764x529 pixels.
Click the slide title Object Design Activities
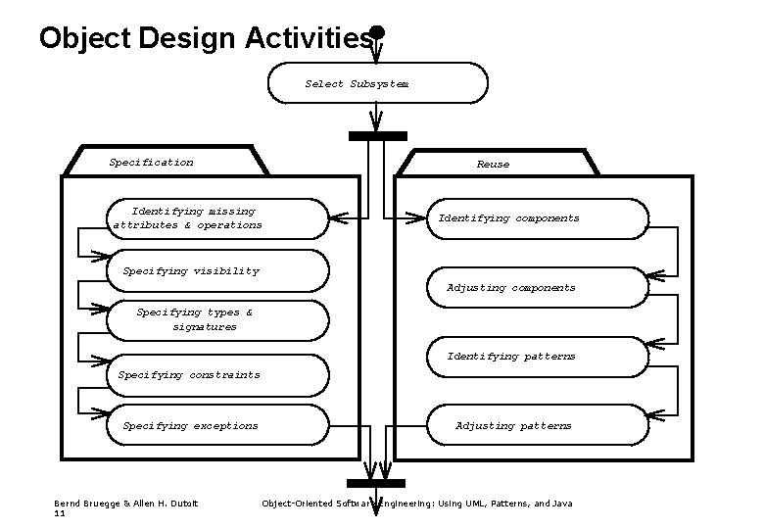pyautogui.click(x=207, y=37)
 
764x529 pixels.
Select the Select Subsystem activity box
pyautogui.click(x=377, y=83)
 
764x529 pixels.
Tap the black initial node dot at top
pyautogui.click(x=377, y=31)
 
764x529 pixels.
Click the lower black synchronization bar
pyautogui.click(x=376, y=483)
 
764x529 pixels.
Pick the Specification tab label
pyautogui.click(x=152, y=162)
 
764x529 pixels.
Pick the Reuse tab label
pyautogui.click(x=493, y=164)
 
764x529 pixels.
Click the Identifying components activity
pyautogui.click(x=538, y=218)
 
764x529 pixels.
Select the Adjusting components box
pyautogui.click(x=538, y=288)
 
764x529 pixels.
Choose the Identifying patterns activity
pyautogui.click(x=538, y=357)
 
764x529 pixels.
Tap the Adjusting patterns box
pyautogui.click(x=538, y=426)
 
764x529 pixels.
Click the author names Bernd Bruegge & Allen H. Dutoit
pyautogui.click(x=125, y=504)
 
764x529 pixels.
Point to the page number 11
pyautogui.click(x=60, y=513)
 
